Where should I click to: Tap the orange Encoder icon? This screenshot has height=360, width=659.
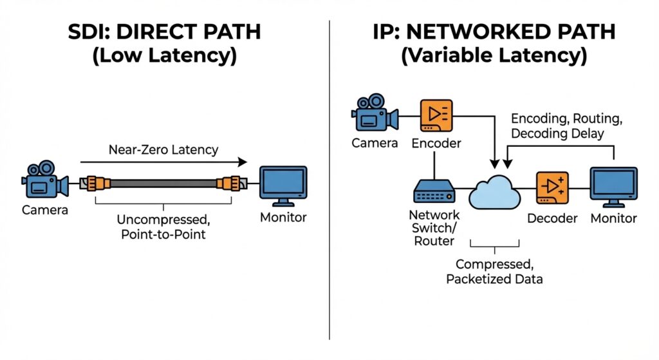(435, 115)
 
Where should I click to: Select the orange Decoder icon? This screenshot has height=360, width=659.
(552, 188)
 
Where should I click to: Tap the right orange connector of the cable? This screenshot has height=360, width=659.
(228, 184)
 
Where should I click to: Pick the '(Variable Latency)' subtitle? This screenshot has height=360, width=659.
(494, 57)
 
